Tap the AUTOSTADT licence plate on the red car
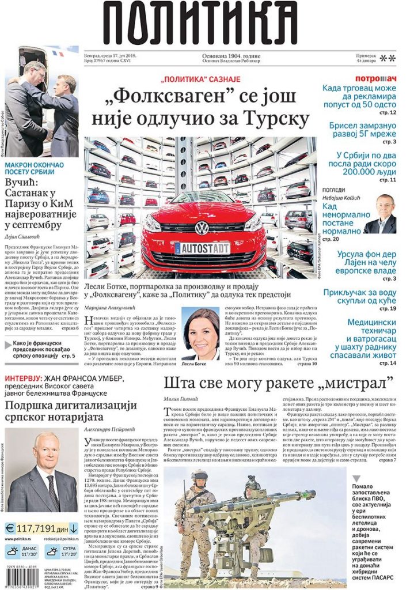pos(202,248)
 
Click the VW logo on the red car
pos(202,228)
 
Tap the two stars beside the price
pos(387,58)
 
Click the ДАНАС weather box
pos(21,552)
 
